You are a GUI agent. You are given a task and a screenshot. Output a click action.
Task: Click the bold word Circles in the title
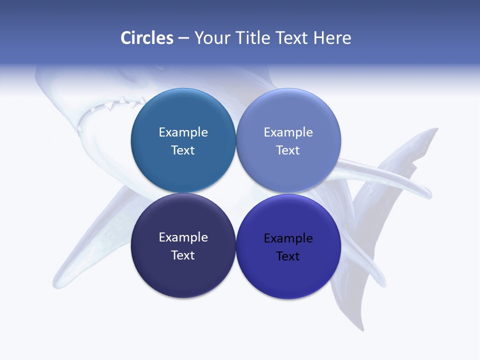click(x=147, y=38)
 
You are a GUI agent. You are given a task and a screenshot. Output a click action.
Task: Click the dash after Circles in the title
click(x=183, y=38)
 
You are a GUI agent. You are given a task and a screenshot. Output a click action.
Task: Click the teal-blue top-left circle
click(x=183, y=170)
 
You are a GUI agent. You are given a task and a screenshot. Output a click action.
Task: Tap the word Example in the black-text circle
click(x=288, y=238)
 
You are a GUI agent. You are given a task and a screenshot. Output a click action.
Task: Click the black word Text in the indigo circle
click(x=288, y=256)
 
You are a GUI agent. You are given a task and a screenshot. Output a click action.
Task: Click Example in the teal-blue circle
click(x=183, y=132)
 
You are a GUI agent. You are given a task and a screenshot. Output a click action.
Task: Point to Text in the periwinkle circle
click(x=288, y=150)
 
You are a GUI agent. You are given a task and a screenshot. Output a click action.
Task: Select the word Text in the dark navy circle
click(x=183, y=255)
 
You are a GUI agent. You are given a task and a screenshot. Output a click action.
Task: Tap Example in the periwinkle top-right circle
click(x=288, y=132)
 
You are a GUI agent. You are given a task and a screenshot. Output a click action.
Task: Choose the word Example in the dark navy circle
click(x=183, y=237)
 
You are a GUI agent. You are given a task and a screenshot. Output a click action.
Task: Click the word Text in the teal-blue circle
click(x=183, y=150)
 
